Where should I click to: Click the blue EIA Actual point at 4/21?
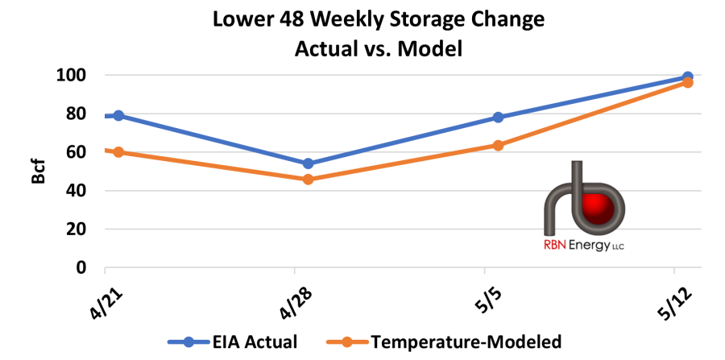pos(118,115)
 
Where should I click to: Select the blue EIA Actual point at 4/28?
pos(308,163)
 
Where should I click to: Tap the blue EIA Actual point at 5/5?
pos(498,118)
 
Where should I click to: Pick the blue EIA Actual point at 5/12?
pos(687,77)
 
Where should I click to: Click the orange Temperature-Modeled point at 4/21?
pos(118,152)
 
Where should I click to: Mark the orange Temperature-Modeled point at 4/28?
pos(308,179)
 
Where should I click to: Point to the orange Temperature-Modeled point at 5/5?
pos(498,146)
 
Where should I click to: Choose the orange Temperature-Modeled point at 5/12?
pos(687,82)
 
